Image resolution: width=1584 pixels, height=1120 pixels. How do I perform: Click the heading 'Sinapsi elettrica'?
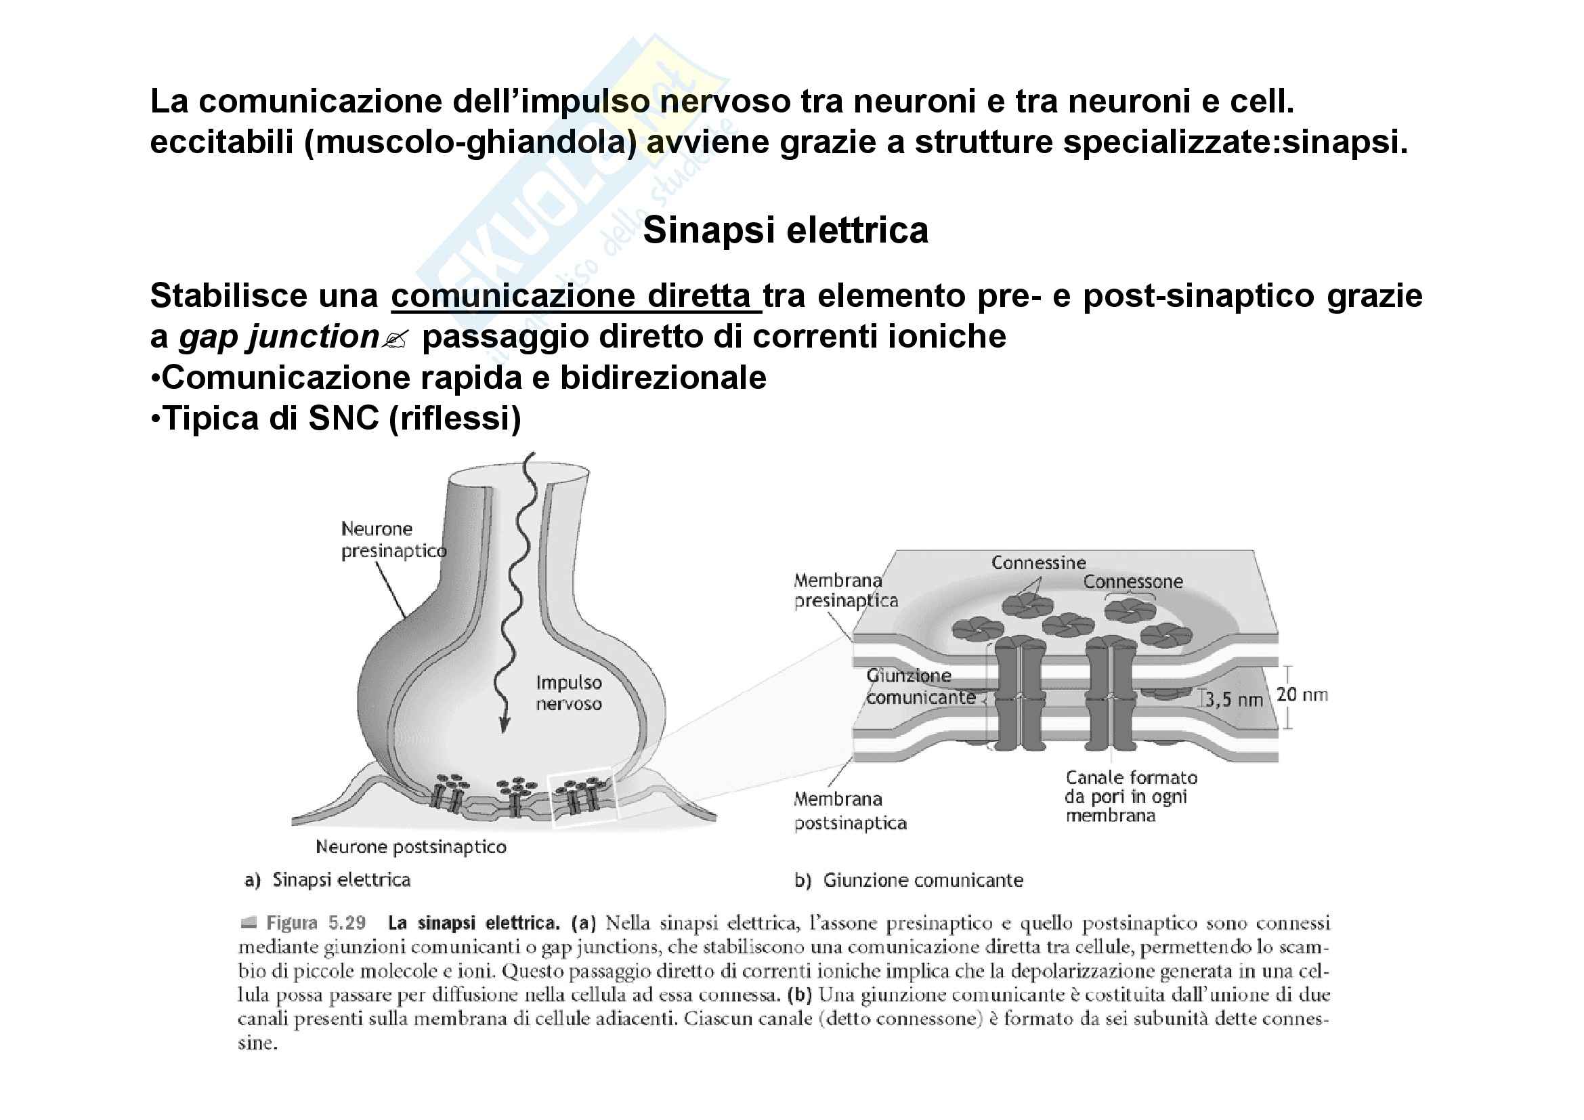(785, 230)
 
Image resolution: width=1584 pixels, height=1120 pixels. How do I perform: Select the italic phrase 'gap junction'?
(278, 337)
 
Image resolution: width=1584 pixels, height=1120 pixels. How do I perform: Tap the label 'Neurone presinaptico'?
(393, 539)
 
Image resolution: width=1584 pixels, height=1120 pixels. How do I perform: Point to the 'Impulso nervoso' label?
(568, 693)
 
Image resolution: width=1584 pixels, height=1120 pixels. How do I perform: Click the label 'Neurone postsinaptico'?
(410, 847)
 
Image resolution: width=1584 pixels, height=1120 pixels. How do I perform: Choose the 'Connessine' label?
(1038, 562)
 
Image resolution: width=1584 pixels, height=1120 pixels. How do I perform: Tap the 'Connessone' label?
(1133, 582)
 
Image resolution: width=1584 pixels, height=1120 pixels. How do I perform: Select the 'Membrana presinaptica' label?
(845, 591)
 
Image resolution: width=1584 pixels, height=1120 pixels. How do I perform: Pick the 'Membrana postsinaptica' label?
(849, 811)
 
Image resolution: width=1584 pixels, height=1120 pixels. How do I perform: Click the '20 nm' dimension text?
(1302, 694)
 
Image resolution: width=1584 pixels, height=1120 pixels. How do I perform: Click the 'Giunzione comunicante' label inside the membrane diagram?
(920, 686)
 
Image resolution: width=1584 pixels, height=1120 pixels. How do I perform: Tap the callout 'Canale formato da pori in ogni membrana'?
(1130, 796)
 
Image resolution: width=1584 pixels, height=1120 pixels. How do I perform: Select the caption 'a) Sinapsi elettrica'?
(328, 880)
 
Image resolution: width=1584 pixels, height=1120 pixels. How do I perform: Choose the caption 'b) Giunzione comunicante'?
(909, 881)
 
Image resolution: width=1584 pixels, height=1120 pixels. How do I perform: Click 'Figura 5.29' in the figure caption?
(316, 924)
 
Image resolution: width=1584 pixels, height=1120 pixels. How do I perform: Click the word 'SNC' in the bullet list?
(343, 418)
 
